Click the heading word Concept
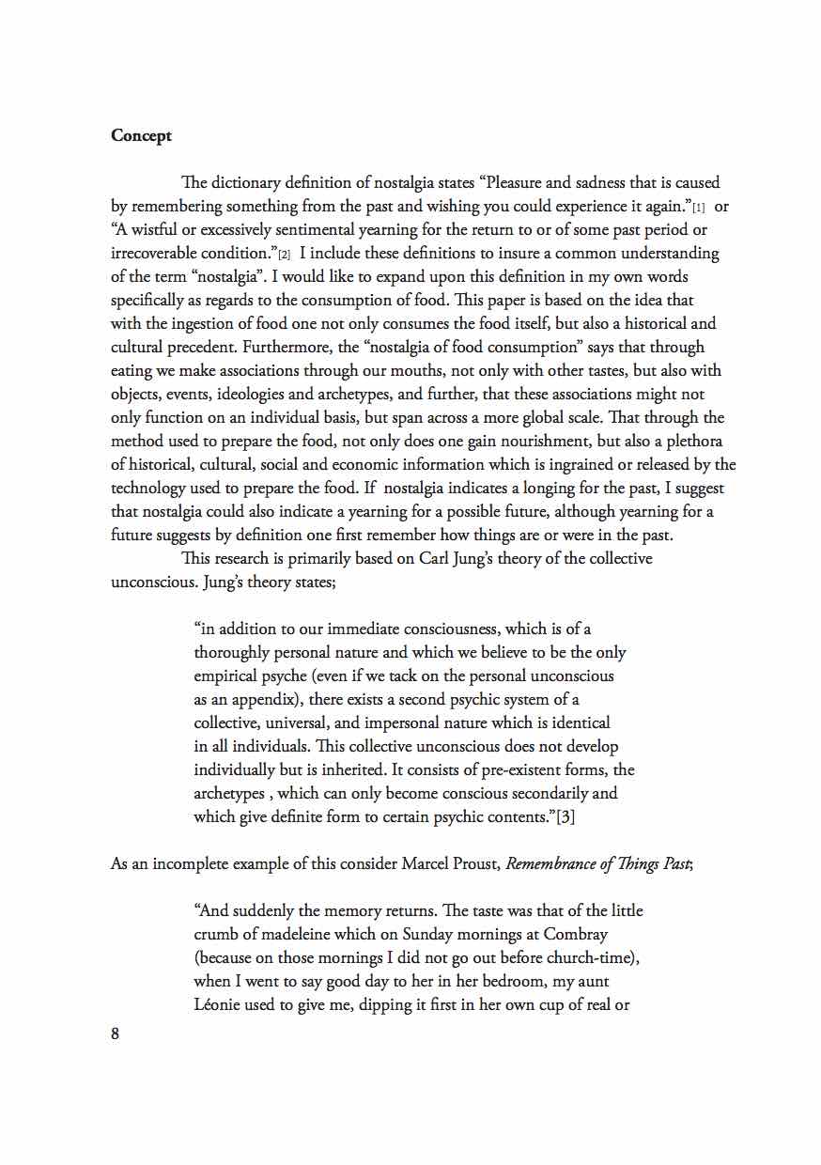(x=141, y=135)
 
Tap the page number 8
(x=116, y=1034)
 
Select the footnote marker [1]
(x=698, y=208)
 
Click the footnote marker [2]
(x=284, y=255)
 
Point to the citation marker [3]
(x=565, y=816)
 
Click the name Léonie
(x=220, y=1004)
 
